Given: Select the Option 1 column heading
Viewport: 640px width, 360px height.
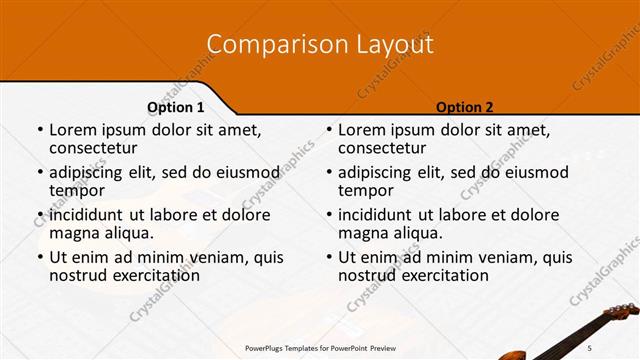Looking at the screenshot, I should click(176, 107).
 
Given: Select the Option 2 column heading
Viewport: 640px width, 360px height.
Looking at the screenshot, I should click(465, 107).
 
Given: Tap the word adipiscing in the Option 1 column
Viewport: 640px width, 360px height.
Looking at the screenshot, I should click(91, 172).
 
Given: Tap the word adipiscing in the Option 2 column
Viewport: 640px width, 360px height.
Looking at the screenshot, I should click(380, 172).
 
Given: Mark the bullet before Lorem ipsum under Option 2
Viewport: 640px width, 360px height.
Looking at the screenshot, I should click(329, 131).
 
